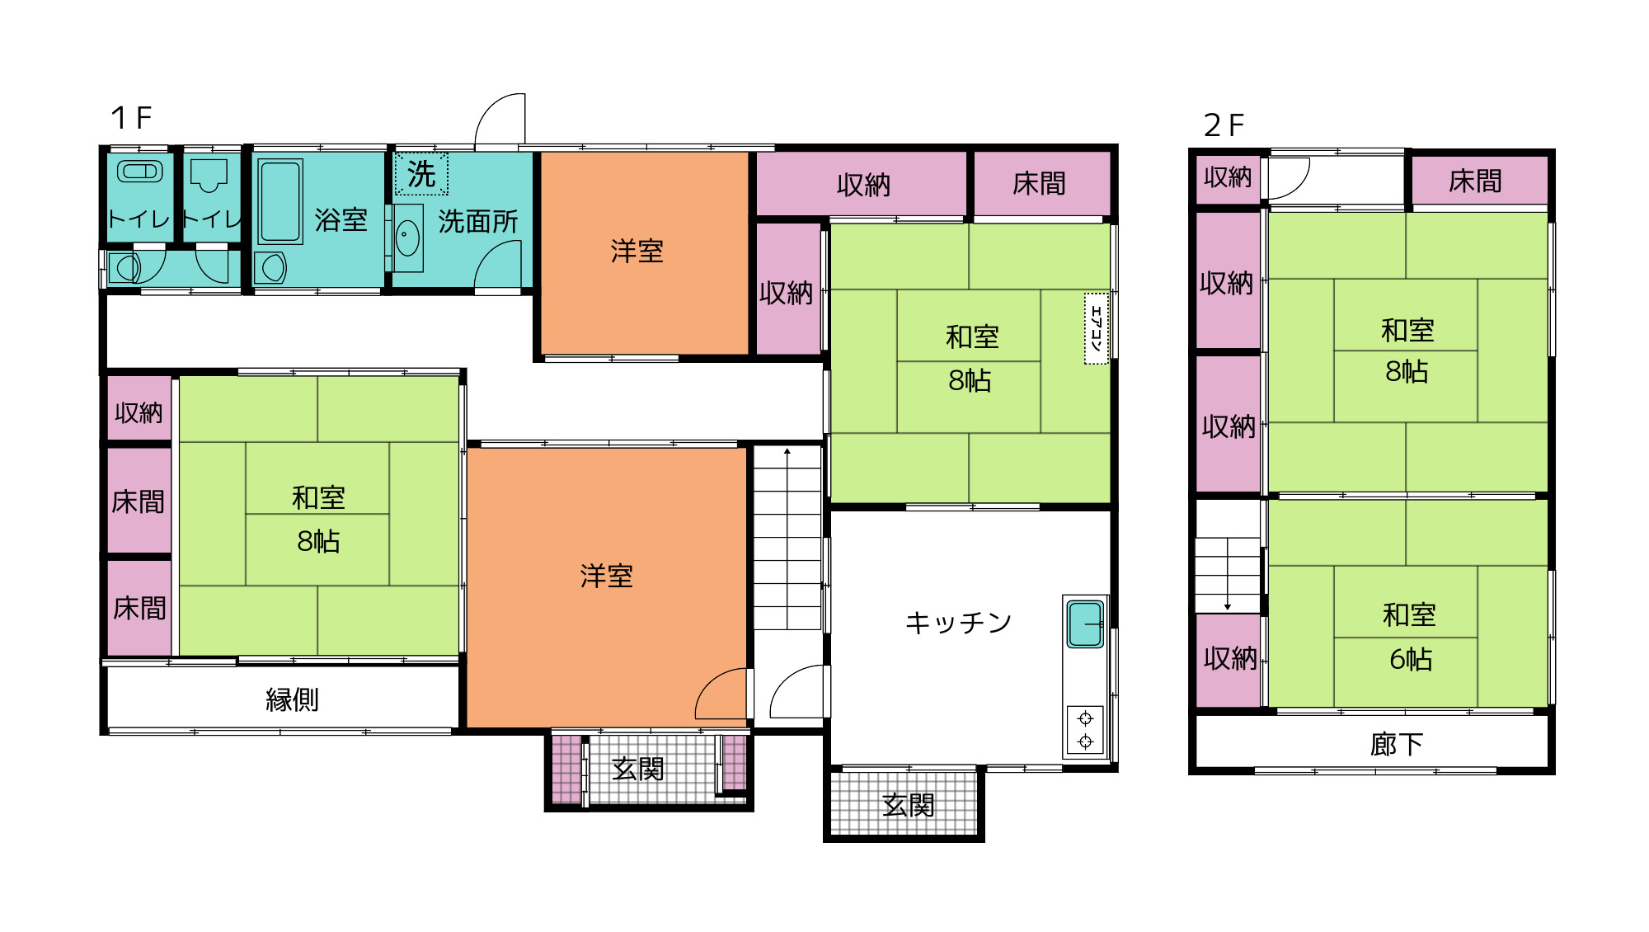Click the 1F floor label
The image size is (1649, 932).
[x=131, y=118]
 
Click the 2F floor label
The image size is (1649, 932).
[x=1224, y=125]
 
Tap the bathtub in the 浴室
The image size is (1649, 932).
[x=280, y=202]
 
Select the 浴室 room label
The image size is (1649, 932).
[x=341, y=220]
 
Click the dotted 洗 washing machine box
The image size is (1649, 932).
[x=421, y=174]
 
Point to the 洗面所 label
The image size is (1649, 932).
[x=478, y=221]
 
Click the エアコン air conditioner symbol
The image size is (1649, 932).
[x=1096, y=328]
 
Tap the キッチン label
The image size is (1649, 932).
[x=958, y=622]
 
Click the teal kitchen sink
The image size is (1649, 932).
[x=1085, y=624]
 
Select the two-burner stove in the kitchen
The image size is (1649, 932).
[x=1085, y=730]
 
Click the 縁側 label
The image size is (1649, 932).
[x=292, y=699]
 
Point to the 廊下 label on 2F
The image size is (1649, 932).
[x=1397, y=744]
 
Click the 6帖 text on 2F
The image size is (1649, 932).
[x=1411, y=659]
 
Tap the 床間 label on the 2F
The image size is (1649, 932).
[x=1475, y=181]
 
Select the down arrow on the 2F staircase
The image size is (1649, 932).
[x=1228, y=575]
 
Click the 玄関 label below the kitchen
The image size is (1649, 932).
[x=909, y=805]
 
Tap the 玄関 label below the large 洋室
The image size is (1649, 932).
[x=637, y=769]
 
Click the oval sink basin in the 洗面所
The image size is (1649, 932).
[x=407, y=239]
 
